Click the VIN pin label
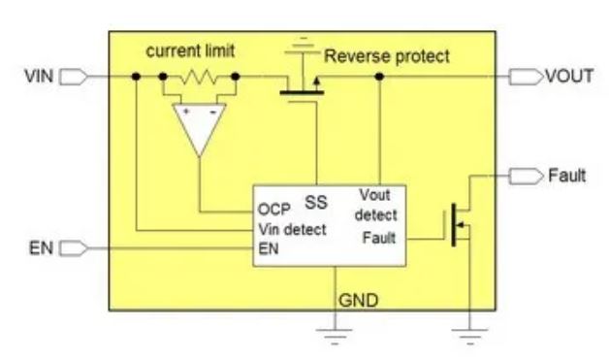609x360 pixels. coord(39,76)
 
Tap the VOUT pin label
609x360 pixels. coord(568,76)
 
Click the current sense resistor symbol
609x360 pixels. coord(199,76)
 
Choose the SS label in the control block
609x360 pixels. coord(315,203)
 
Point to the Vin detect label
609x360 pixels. coord(292,230)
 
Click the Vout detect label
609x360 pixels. coord(376,204)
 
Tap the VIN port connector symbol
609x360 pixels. coord(75,76)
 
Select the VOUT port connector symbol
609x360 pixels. coord(525,76)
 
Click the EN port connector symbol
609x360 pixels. coord(75,249)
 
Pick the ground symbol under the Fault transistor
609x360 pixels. coord(470,334)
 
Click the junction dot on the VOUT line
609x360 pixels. coord(378,76)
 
